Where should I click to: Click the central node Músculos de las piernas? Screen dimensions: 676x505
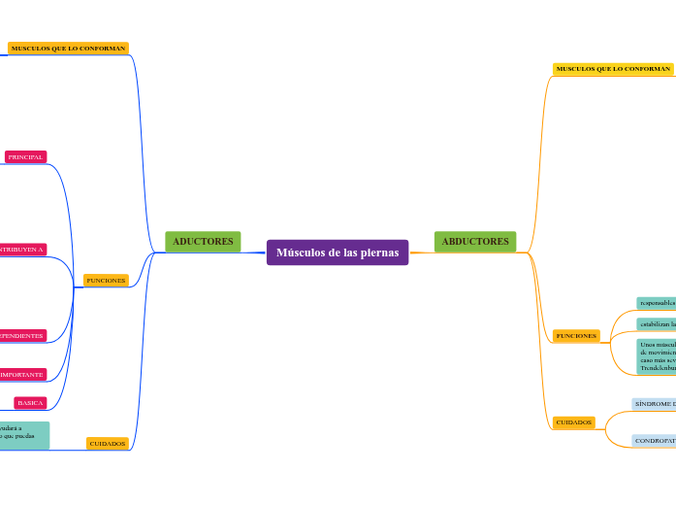(338, 252)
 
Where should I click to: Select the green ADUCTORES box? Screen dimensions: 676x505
(203, 241)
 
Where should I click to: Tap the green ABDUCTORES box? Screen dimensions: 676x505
(475, 241)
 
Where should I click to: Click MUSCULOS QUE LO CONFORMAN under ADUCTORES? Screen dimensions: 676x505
(68, 48)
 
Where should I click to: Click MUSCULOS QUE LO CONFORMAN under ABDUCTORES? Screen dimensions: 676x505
(613, 69)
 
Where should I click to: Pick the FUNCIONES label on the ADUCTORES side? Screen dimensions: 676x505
(107, 280)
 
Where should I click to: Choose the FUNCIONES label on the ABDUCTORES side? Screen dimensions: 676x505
(576, 335)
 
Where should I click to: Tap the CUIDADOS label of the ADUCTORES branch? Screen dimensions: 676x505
(108, 443)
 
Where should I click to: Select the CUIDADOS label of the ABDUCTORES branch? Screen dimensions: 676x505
(574, 422)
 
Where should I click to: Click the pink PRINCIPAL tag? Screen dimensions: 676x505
(25, 156)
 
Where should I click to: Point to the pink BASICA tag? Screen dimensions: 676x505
(30, 402)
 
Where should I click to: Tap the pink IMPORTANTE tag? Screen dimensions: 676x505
(22, 374)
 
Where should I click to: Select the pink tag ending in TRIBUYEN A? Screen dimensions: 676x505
(22, 250)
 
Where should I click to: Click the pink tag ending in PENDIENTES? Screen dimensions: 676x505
(22, 335)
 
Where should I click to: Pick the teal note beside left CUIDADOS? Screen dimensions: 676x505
(24, 435)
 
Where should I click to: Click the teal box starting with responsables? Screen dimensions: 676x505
(657, 303)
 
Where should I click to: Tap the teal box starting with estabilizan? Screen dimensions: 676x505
(657, 323)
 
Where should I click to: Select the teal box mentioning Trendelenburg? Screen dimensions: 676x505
(657, 356)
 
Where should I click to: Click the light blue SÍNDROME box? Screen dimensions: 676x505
(655, 404)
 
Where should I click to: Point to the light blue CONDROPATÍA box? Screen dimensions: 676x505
(655, 440)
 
